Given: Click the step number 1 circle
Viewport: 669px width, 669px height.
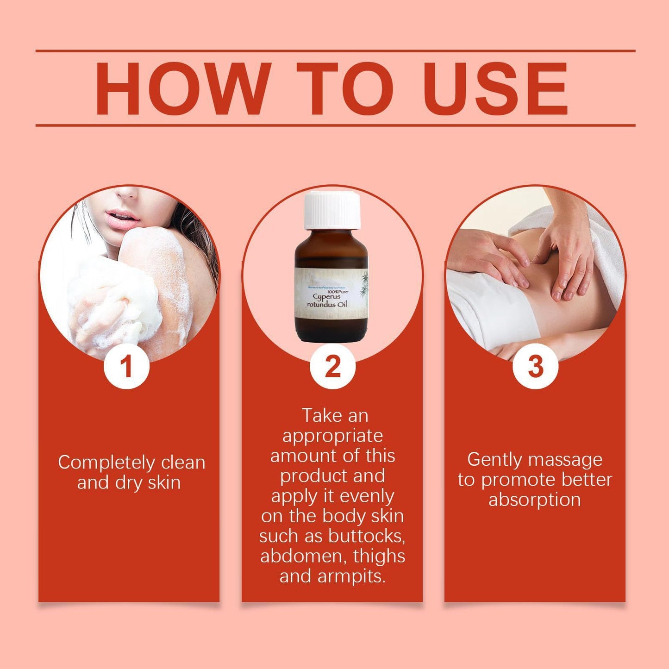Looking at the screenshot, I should [126, 366].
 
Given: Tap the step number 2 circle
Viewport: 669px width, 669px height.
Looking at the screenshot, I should [332, 366].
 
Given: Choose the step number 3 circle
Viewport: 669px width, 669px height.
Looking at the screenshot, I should [535, 366].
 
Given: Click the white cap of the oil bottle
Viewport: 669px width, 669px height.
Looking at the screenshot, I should [332, 210].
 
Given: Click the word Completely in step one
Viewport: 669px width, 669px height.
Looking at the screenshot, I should [106, 463].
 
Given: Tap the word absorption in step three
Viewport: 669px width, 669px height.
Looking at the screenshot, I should [534, 500].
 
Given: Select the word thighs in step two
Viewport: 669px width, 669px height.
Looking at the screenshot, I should [379, 556].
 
